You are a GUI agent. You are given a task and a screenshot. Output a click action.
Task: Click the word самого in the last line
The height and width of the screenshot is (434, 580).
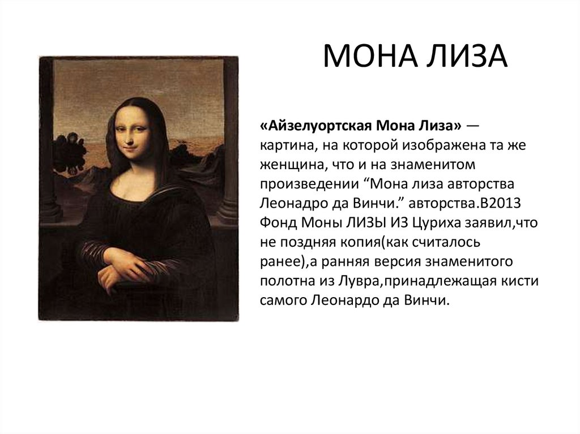283,300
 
